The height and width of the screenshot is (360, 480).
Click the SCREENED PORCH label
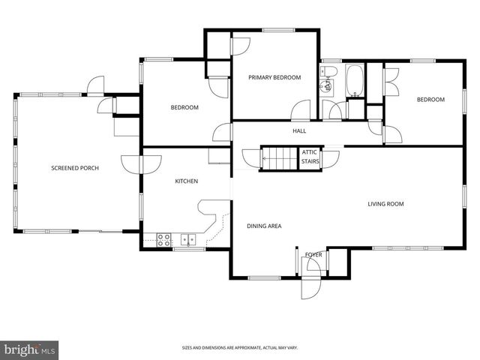(x=75, y=168)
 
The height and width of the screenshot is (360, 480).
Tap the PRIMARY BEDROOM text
(x=275, y=77)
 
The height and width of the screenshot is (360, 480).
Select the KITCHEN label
(x=186, y=181)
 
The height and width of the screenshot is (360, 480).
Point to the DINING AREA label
(x=264, y=225)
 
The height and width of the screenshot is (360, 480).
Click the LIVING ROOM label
(x=385, y=204)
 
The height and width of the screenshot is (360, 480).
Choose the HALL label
(x=299, y=131)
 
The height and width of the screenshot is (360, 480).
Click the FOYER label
(x=313, y=255)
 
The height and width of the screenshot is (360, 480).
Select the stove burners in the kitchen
(x=163, y=240)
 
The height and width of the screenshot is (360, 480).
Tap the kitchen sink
(x=187, y=240)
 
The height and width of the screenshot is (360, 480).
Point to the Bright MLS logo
(x=29, y=349)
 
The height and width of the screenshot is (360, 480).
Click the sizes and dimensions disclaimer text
(x=239, y=347)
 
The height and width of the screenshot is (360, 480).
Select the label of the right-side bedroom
(x=430, y=100)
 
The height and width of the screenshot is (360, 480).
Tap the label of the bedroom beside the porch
(x=184, y=108)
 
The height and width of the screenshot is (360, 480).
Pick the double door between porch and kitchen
(x=140, y=163)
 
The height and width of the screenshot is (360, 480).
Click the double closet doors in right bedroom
(x=391, y=74)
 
